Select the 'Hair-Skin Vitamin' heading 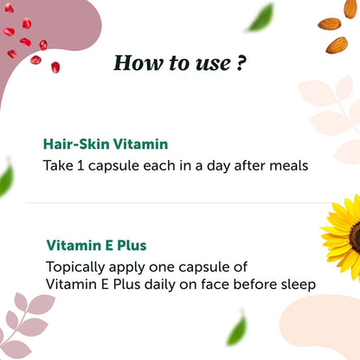pyautogui.click(x=106, y=145)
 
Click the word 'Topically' pyautogui.click(x=76, y=267)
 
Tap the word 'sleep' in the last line pyautogui.click(x=296, y=283)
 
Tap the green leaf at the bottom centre pyautogui.click(x=235, y=331)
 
